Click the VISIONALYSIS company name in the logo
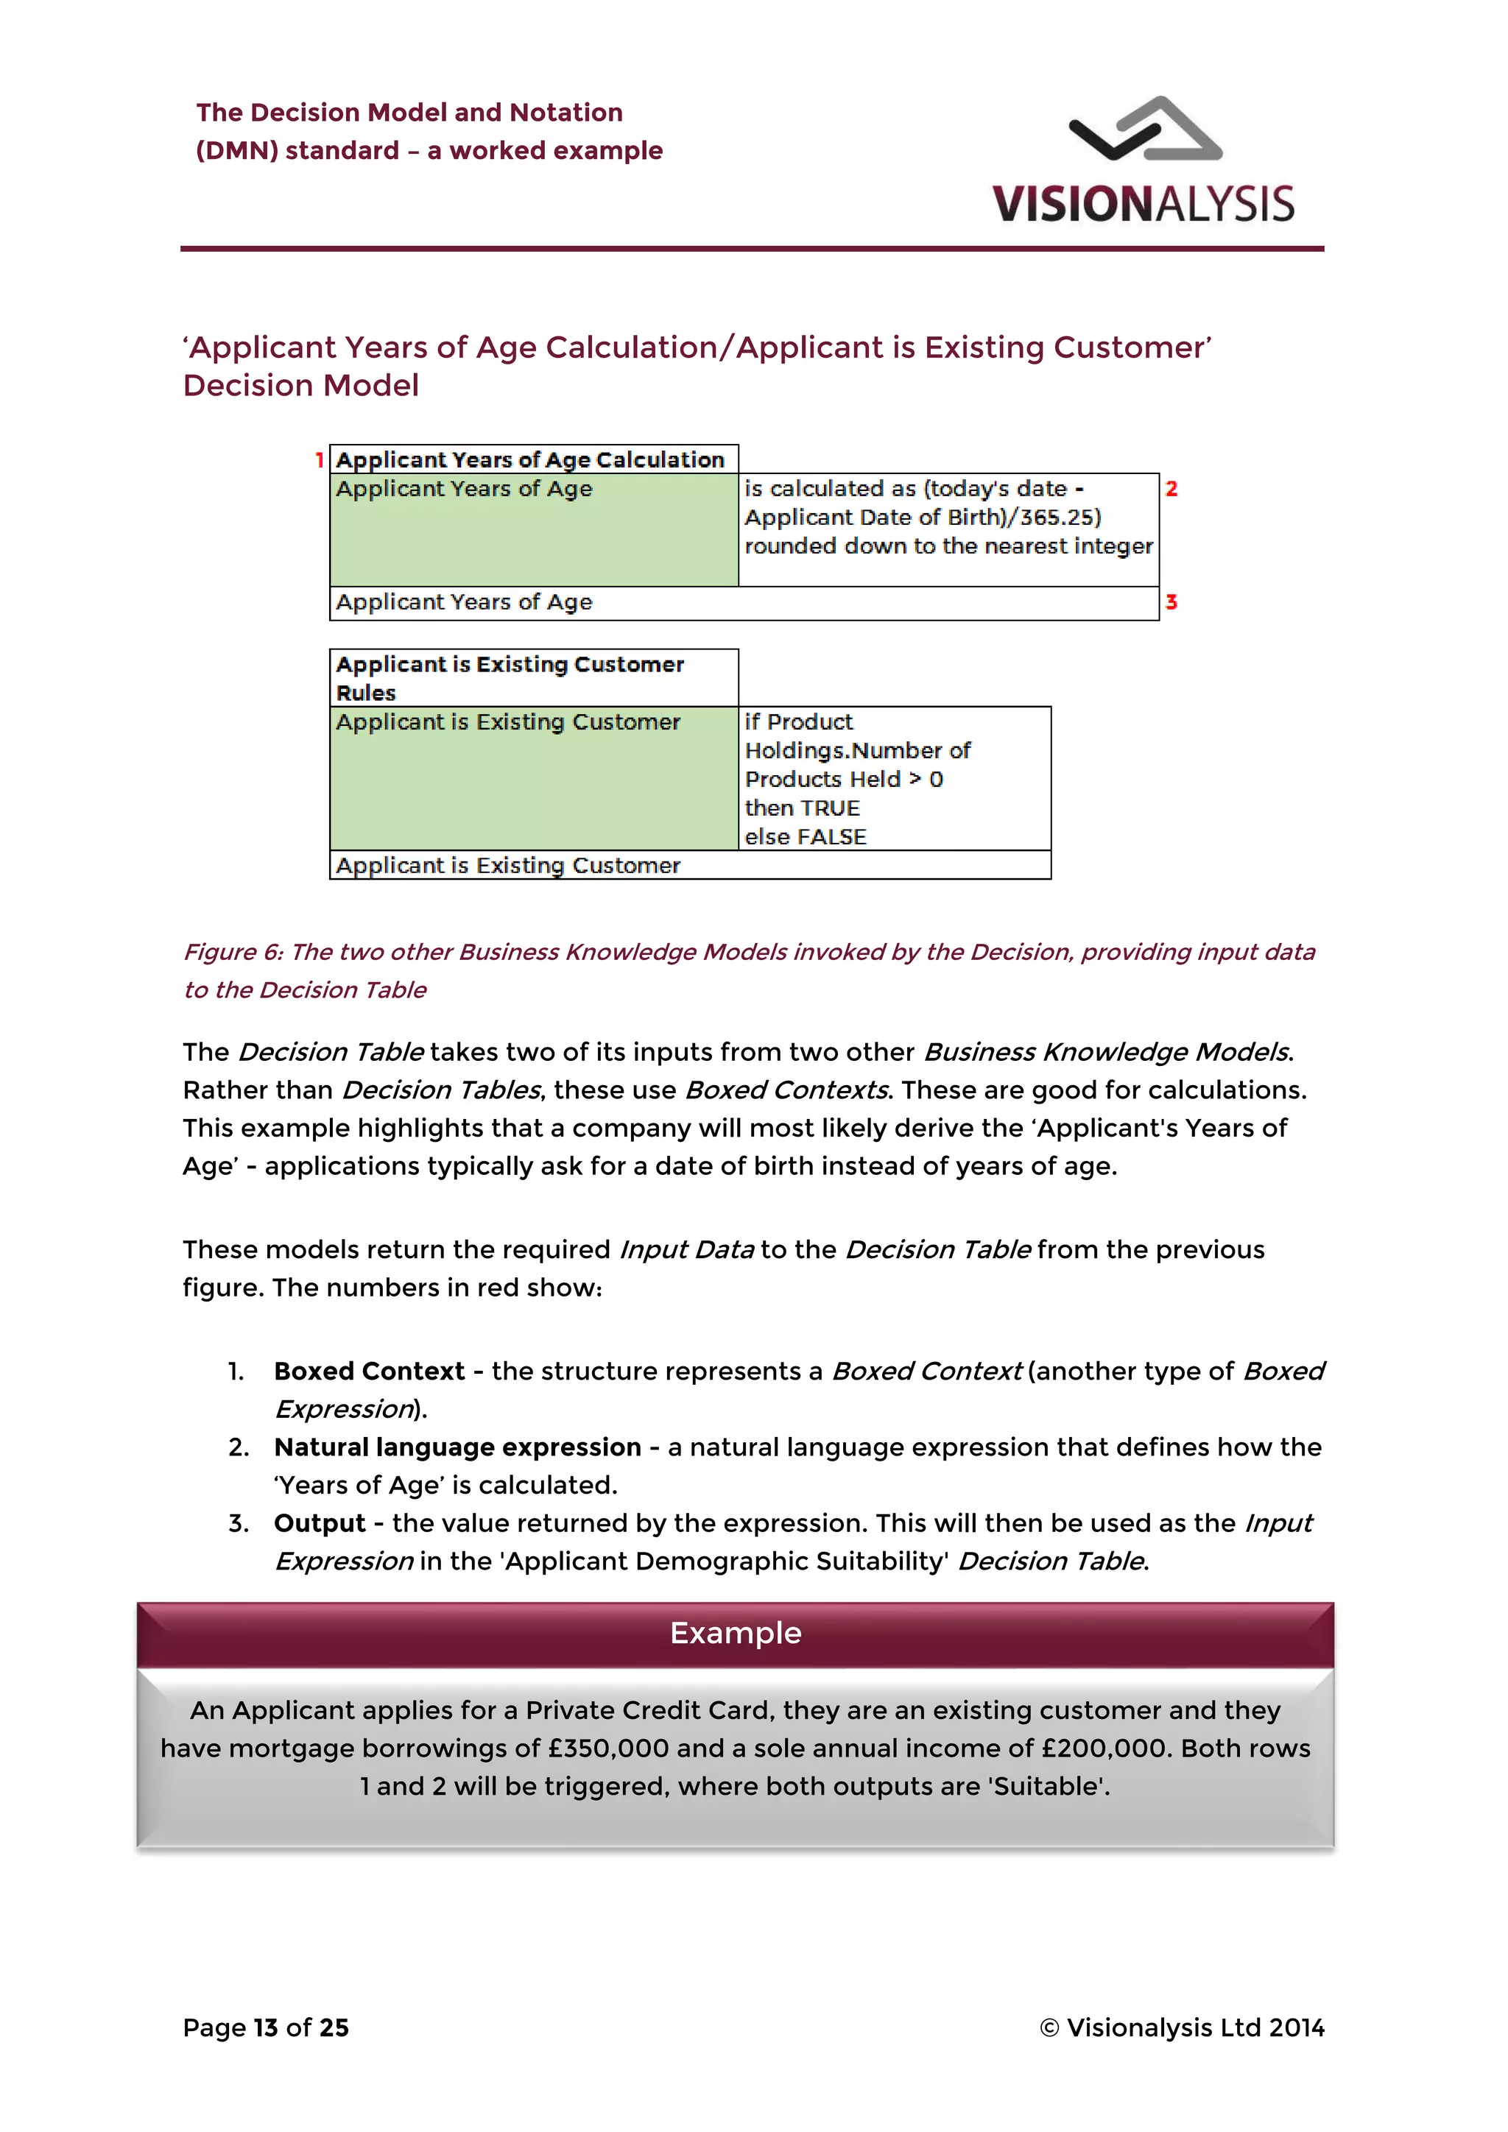[x=1142, y=204]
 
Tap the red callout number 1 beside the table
[x=319, y=459]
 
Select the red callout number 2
[x=1171, y=488]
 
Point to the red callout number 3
[x=1171, y=601]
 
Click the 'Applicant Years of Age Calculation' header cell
[x=530, y=459]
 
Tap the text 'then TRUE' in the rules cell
[x=803, y=808]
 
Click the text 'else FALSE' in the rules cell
[x=805, y=836]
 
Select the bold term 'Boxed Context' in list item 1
[x=369, y=1372]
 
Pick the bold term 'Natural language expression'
[x=457, y=1447]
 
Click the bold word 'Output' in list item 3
[x=320, y=1524]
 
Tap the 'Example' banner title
[x=736, y=1634]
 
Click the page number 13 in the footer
[x=266, y=2028]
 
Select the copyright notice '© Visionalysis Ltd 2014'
[x=1181, y=2028]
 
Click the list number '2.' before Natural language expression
[x=239, y=1447]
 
